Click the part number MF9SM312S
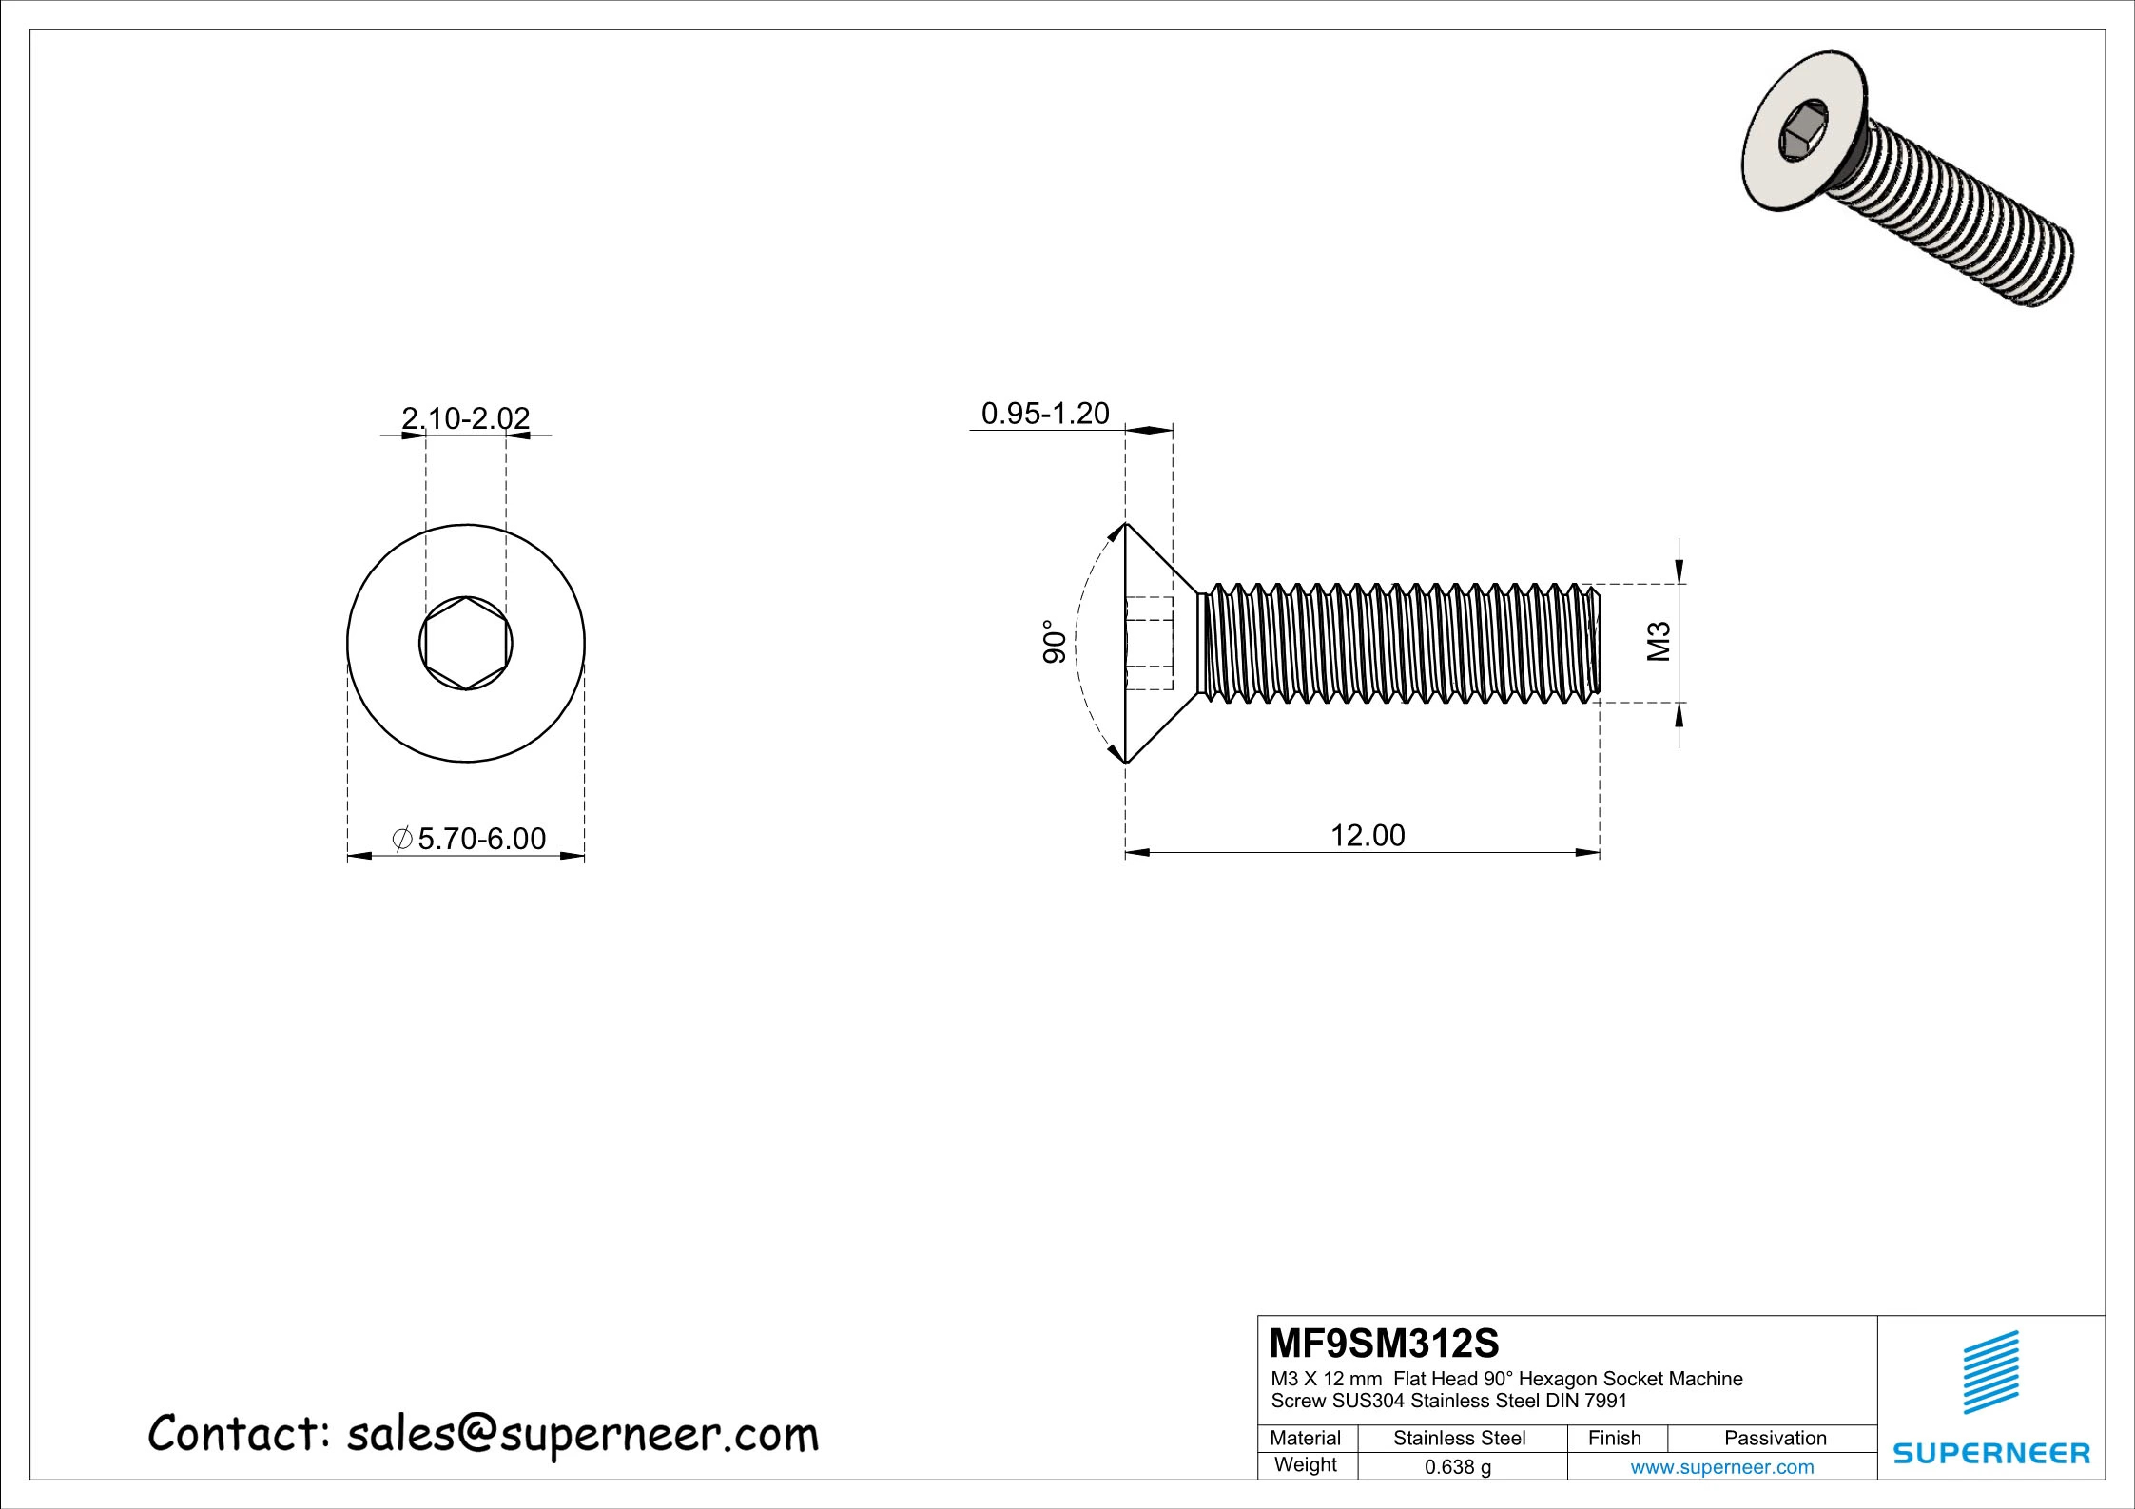[1384, 1345]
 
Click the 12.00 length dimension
[1367, 836]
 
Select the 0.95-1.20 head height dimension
[1045, 414]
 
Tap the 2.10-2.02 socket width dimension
[465, 418]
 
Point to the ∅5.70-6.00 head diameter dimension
[471, 839]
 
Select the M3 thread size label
[1659, 642]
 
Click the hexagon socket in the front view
[466, 644]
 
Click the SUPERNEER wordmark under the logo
[1991, 1454]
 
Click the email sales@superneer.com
[582, 1435]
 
